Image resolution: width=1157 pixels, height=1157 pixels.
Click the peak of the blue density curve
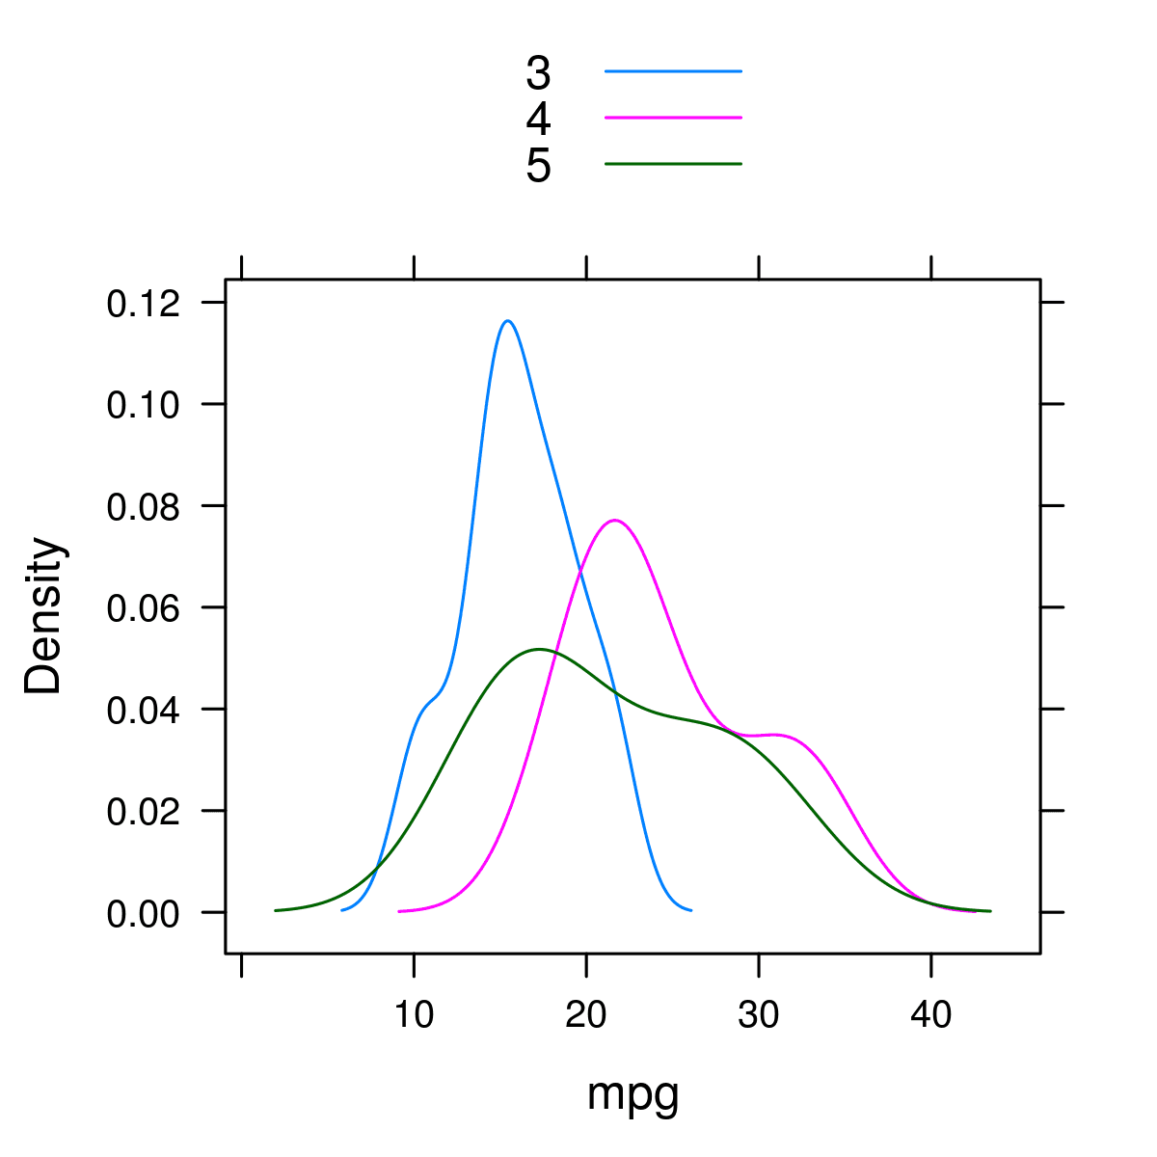[507, 321]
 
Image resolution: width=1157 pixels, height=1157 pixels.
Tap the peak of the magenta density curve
[615, 521]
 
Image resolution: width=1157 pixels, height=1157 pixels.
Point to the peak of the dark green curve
[538, 650]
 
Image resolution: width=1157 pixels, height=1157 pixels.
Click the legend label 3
[538, 73]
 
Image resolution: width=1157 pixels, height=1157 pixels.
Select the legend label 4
[538, 120]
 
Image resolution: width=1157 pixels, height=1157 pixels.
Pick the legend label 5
[538, 166]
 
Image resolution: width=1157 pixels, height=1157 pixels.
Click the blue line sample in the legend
[673, 71]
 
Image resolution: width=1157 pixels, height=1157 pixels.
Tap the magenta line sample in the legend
[673, 118]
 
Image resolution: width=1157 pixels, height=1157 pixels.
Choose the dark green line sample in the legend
[673, 164]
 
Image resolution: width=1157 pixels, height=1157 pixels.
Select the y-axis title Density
[43, 616]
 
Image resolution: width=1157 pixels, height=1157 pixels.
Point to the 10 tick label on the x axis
[414, 1015]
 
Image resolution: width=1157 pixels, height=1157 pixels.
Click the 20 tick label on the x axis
[586, 1015]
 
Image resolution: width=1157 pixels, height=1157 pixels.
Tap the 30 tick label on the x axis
[759, 1015]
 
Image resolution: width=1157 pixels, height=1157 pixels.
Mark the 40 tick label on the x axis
[931, 1015]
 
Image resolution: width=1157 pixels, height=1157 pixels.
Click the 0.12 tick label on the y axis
[144, 304]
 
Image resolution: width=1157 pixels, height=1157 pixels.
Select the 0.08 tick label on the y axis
[144, 507]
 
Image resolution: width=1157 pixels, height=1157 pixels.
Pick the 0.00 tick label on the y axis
[144, 913]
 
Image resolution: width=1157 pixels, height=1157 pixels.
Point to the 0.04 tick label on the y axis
[144, 711]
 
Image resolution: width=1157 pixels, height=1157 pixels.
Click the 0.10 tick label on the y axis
[144, 405]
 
